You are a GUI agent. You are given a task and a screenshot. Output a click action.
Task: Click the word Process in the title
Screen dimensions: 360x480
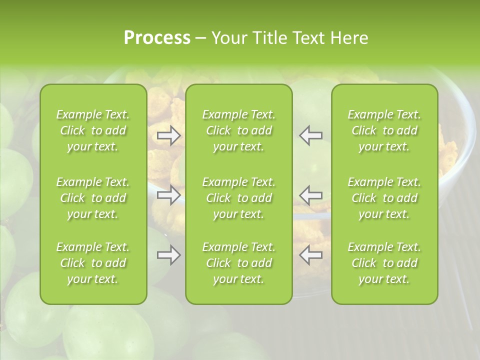click(157, 38)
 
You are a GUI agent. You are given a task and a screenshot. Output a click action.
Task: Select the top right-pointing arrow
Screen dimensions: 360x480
click(169, 135)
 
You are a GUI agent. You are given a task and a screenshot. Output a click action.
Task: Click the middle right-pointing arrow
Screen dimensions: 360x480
click(169, 195)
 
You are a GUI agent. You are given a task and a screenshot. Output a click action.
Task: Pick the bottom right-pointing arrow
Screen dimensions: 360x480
click(169, 255)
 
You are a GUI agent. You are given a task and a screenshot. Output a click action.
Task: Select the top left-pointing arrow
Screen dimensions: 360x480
click(311, 135)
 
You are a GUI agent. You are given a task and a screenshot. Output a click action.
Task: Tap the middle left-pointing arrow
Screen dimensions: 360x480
click(311, 195)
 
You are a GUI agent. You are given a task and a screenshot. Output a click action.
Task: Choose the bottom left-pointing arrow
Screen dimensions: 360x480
click(311, 255)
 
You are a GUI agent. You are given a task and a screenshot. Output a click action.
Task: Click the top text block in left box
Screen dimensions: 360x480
click(93, 130)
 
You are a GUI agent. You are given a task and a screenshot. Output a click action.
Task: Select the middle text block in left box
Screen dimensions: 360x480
click(93, 198)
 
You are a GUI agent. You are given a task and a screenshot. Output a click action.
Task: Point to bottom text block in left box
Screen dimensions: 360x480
click(93, 263)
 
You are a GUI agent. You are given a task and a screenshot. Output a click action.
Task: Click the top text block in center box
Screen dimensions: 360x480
click(239, 130)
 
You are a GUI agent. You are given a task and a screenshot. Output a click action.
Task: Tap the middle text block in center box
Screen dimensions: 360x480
click(239, 198)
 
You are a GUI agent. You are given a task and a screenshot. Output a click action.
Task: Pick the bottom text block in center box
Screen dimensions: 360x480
click(239, 263)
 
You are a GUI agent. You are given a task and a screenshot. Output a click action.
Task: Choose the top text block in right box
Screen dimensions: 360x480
click(384, 130)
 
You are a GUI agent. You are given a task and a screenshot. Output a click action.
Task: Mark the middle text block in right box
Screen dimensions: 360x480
click(384, 198)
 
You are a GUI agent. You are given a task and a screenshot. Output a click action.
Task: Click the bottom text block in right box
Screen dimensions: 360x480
click(384, 263)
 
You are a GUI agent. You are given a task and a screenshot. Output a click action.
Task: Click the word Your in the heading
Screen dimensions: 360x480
click(229, 38)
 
